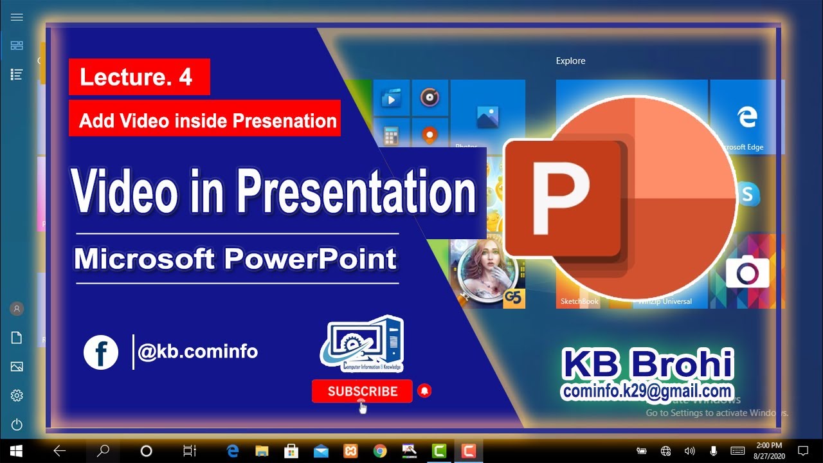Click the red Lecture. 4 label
[x=139, y=77]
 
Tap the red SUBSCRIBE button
[x=362, y=391]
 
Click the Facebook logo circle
[x=101, y=352]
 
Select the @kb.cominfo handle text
[x=198, y=352]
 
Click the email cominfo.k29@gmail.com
[x=647, y=391]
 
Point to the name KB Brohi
[x=647, y=365]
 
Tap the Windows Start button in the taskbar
[x=16, y=451]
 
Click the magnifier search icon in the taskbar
[x=103, y=451]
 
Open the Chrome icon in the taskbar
[x=379, y=451]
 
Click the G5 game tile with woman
[x=487, y=273]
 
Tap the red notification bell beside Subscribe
[x=424, y=390]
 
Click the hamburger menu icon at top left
[x=17, y=17]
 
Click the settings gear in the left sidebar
[x=17, y=395]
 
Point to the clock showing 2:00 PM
[x=769, y=446]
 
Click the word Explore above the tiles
[x=570, y=61]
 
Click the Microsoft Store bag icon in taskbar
[x=291, y=451]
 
